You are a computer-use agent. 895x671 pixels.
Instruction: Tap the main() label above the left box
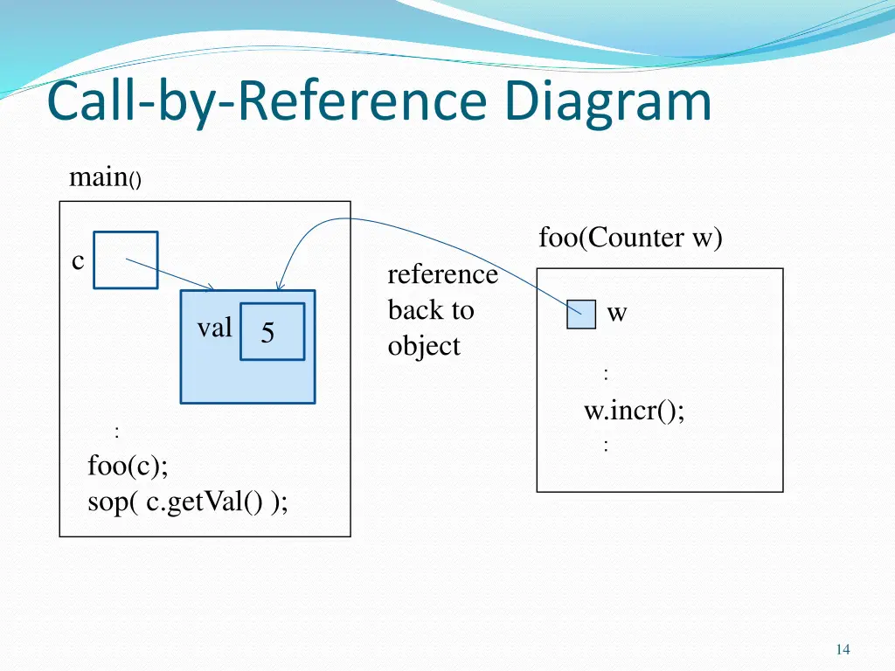[104, 178]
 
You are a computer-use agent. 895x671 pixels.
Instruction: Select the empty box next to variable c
[126, 259]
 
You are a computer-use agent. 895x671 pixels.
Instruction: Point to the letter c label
[78, 260]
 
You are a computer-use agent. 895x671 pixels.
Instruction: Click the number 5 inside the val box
[267, 333]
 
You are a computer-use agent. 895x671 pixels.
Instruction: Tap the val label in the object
[214, 329]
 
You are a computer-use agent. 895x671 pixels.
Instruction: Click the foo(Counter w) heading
[630, 238]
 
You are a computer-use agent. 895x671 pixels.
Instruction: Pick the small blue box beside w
[581, 314]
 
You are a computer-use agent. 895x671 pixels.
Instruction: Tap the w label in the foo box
[617, 314]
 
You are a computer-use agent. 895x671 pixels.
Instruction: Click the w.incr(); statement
[635, 410]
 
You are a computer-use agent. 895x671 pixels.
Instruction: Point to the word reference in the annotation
[442, 274]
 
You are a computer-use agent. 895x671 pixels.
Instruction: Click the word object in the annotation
[424, 346]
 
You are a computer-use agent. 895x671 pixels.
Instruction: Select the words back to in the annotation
[431, 310]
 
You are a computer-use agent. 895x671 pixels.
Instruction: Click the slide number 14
[843, 649]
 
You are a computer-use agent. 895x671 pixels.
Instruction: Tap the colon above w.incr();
[606, 374]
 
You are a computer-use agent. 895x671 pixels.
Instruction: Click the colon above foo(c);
[116, 432]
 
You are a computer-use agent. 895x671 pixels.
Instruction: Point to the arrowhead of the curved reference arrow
[279, 286]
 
